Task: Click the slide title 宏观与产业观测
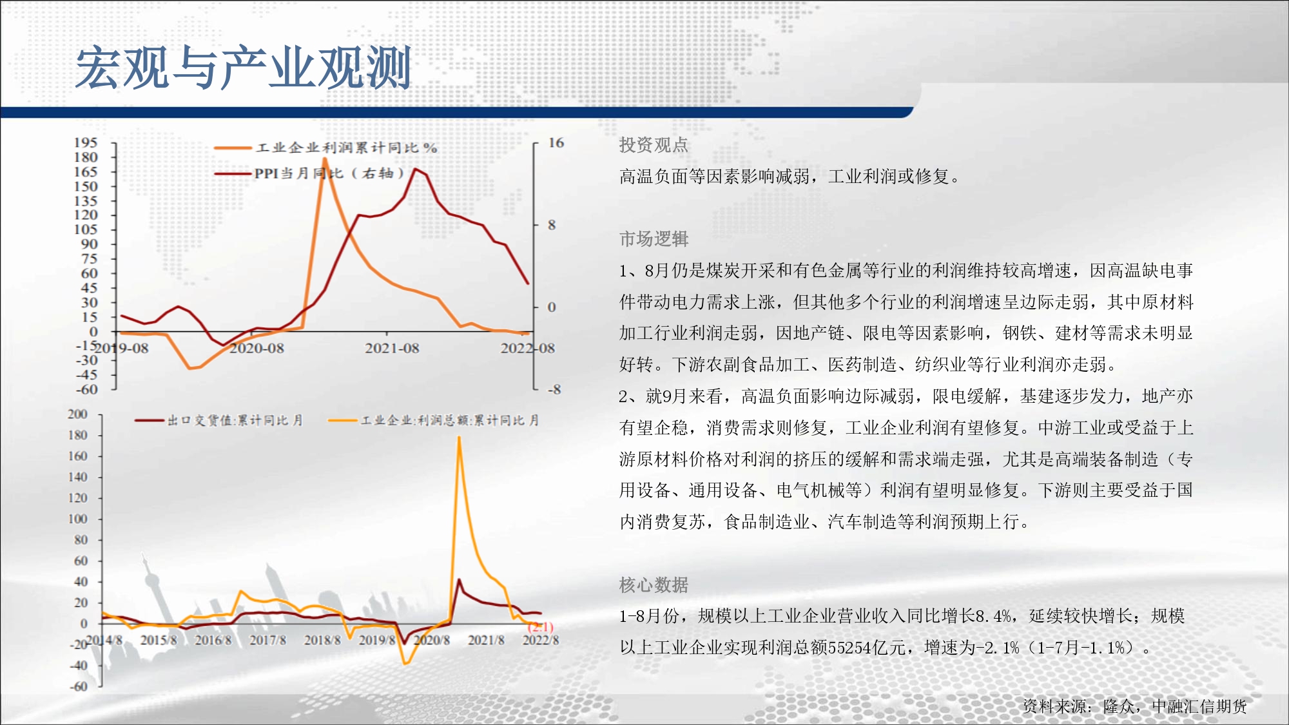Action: point(244,68)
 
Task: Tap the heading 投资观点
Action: point(654,145)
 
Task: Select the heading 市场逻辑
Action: point(654,239)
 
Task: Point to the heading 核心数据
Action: point(654,585)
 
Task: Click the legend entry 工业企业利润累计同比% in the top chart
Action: point(326,148)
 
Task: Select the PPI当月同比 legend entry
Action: point(309,173)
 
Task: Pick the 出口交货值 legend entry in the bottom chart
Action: point(219,420)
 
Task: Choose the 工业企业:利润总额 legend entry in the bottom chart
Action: point(434,420)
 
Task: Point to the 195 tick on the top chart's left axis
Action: point(86,142)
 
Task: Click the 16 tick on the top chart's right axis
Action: point(556,142)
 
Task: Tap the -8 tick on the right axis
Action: point(554,389)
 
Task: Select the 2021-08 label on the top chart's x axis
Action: point(392,348)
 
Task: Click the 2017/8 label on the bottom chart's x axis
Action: point(267,640)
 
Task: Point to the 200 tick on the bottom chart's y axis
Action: point(77,414)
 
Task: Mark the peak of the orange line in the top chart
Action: point(324,159)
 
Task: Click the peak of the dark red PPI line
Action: point(416,169)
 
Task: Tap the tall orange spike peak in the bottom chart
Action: point(459,438)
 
